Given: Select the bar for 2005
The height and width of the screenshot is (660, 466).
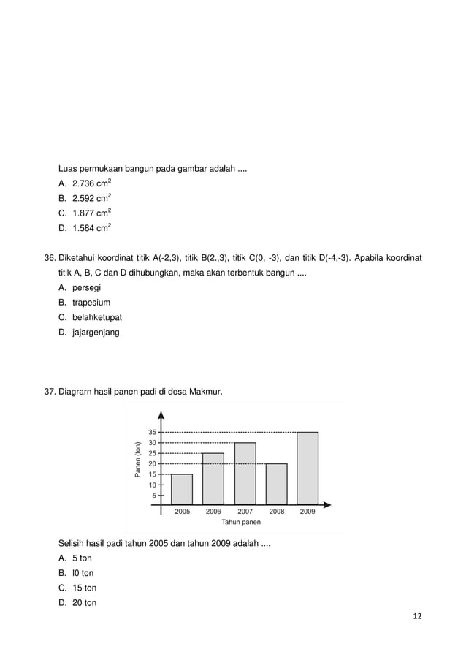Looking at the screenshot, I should [x=182, y=489].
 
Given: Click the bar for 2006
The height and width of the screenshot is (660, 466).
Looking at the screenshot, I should [x=213, y=479].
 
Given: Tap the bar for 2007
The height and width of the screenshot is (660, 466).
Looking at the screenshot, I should [x=245, y=473].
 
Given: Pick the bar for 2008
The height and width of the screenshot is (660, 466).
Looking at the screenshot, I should [x=276, y=484].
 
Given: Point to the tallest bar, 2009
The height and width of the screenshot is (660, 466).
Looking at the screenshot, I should [x=308, y=468].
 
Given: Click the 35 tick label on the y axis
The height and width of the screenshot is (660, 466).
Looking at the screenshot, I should [x=152, y=433].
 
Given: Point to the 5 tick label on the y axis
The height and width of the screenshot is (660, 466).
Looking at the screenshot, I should [x=154, y=495].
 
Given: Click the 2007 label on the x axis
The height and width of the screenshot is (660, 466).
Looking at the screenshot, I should [x=245, y=512].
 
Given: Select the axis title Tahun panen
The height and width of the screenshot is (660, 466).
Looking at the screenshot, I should [x=240, y=522].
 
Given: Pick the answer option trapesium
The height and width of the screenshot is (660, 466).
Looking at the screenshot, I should [x=91, y=303].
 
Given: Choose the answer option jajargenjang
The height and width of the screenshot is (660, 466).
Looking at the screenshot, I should [x=96, y=333].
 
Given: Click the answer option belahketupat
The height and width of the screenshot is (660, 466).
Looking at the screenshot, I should [x=96, y=317].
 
